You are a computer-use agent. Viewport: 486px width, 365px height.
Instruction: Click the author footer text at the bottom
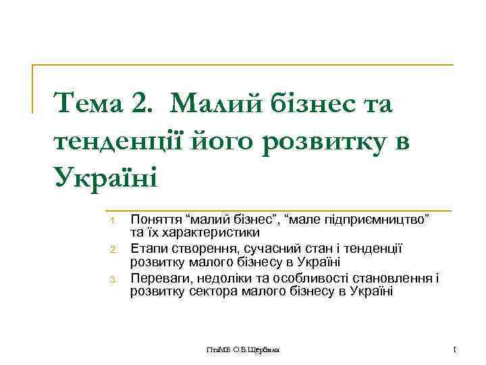(244, 350)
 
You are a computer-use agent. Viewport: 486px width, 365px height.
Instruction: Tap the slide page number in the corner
(456, 349)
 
